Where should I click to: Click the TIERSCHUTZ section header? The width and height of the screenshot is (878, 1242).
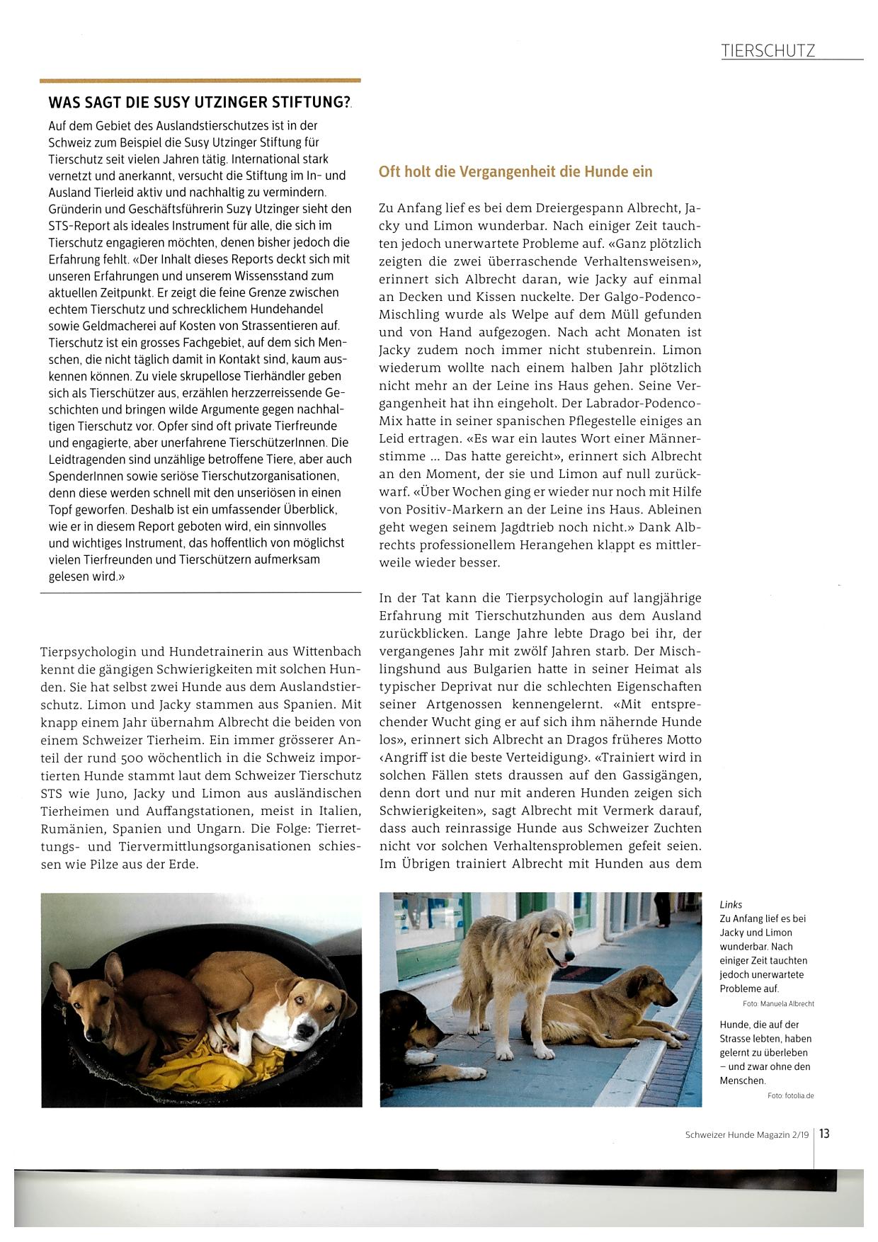(x=768, y=50)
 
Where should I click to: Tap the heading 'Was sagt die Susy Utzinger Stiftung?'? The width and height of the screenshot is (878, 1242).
(x=200, y=102)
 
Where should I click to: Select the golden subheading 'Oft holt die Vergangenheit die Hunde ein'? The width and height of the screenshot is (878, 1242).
(x=515, y=171)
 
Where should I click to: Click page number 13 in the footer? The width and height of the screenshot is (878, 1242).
(x=825, y=1134)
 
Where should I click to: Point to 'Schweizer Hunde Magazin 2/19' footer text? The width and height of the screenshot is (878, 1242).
(x=746, y=1134)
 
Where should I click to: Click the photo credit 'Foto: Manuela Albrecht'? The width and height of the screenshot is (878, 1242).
(x=778, y=1003)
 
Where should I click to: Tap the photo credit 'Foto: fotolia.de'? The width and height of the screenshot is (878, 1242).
(x=790, y=1095)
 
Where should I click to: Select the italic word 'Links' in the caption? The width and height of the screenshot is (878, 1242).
(x=731, y=904)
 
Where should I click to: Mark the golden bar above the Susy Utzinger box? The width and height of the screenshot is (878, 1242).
(x=200, y=81)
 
